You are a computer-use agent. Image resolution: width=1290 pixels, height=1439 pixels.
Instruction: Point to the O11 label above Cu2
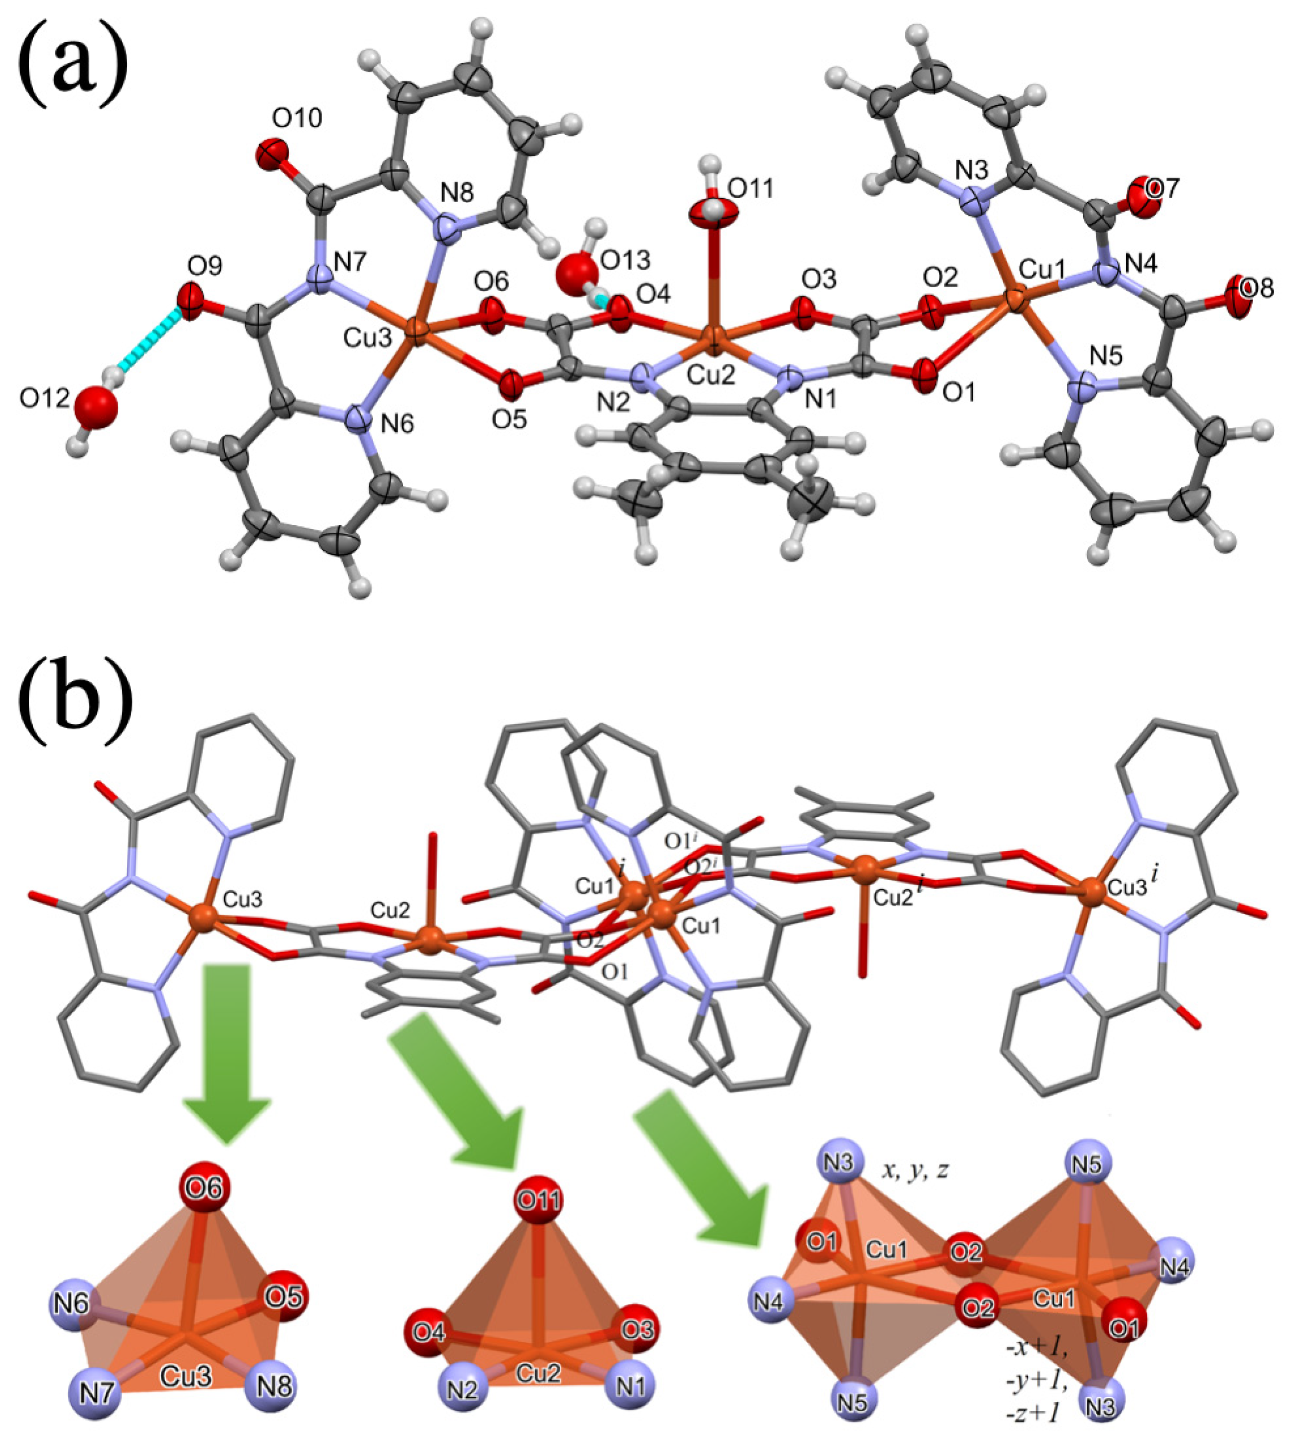pos(751,189)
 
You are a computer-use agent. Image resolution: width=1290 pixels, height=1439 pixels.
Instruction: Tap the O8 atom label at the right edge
pos(1258,288)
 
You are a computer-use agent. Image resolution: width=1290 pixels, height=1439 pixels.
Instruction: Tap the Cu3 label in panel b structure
pos(243,899)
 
